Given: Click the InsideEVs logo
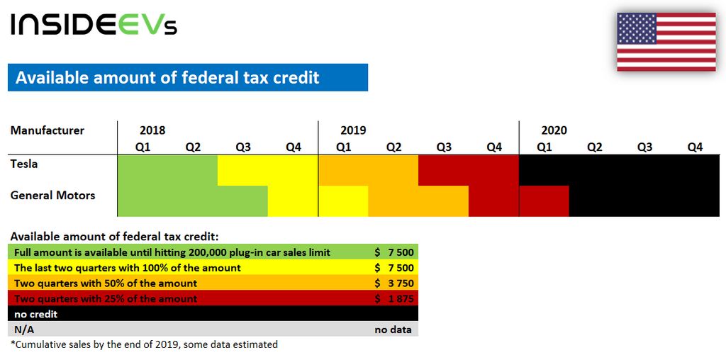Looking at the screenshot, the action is tap(94, 25).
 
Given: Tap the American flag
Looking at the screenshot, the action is tap(666, 42).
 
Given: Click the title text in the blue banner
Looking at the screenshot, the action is tap(167, 77).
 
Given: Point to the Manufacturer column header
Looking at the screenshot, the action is tap(48, 130).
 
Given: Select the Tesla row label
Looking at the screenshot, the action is tap(24, 164).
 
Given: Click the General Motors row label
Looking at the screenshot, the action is tap(52, 196).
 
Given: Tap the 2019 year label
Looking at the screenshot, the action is tap(353, 130).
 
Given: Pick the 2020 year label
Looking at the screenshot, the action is tap(554, 130).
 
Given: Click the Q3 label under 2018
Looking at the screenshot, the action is tap(243, 147).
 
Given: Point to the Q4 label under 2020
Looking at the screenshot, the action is tap(696, 147).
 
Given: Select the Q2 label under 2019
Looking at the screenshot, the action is tap(393, 147).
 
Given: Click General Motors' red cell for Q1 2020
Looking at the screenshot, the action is tap(544, 201).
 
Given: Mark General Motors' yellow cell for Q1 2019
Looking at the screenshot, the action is tap(344, 201).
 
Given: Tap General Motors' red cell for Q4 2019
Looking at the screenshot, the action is tap(494, 201).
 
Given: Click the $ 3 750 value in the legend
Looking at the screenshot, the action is tap(394, 283).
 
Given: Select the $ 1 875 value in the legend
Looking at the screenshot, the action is tap(394, 298).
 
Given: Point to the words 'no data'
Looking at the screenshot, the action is tap(393, 330).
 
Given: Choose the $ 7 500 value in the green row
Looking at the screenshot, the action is tap(394, 253).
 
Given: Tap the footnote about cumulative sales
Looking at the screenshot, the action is tap(144, 344).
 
